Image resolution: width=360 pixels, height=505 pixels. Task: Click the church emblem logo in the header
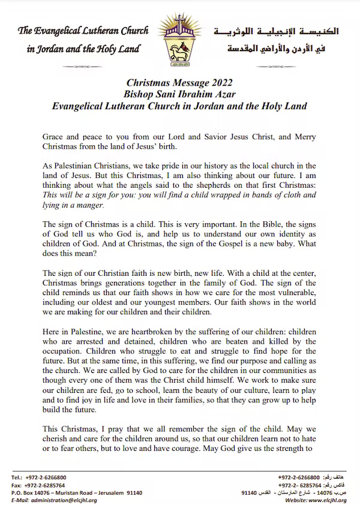(x=179, y=40)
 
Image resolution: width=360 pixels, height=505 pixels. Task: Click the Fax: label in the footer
(x=17, y=485)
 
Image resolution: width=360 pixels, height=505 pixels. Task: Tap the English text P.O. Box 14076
(x=31, y=492)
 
